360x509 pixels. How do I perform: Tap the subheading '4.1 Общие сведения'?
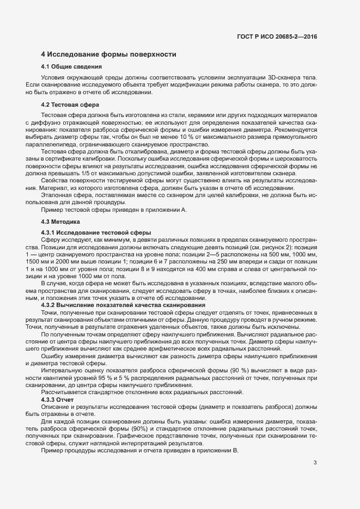(x=72, y=66)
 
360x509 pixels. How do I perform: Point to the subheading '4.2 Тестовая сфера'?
(x=69, y=105)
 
